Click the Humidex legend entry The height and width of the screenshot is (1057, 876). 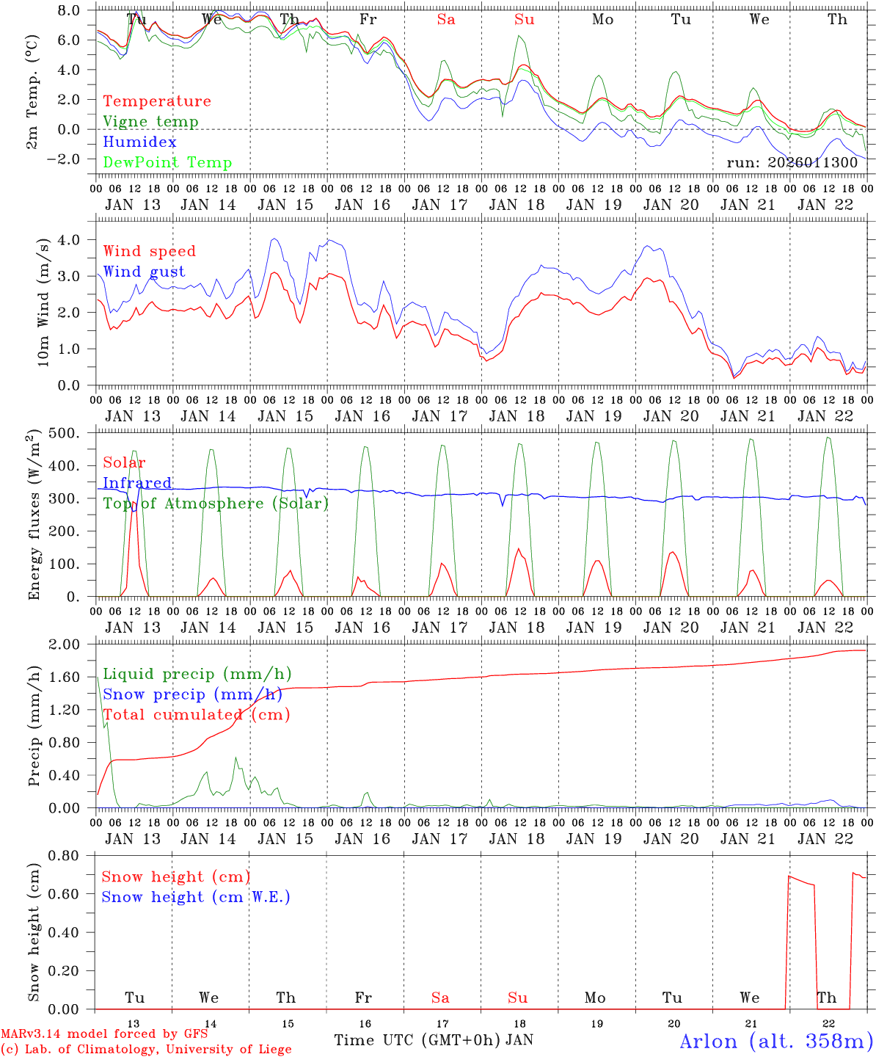pos(139,142)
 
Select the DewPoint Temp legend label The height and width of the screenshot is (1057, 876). pos(167,162)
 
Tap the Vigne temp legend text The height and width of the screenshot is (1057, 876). pos(150,121)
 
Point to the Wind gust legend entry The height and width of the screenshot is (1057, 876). pos(144,272)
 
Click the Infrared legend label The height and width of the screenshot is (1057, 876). pos(137,483)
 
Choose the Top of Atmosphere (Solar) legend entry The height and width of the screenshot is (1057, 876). pos(216,504)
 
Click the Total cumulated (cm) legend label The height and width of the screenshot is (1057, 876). pos(196,714)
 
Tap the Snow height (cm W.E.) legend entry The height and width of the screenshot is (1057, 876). pos(195,897)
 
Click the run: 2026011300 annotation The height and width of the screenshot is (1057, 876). pos(792,162)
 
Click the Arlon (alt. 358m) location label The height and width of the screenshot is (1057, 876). pos(776,1041)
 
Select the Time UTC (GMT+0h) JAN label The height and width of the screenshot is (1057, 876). pos(434,1039)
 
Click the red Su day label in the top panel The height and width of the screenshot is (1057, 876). pos(524,20)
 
